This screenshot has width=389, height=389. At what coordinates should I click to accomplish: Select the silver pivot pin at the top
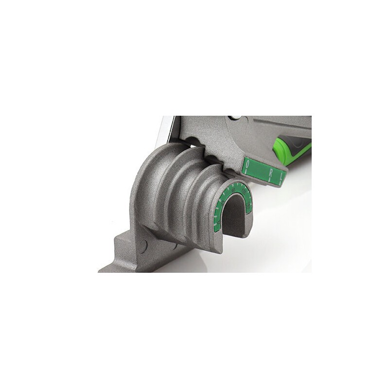point(236,118)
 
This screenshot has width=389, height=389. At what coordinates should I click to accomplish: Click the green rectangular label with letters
point(263,171)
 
